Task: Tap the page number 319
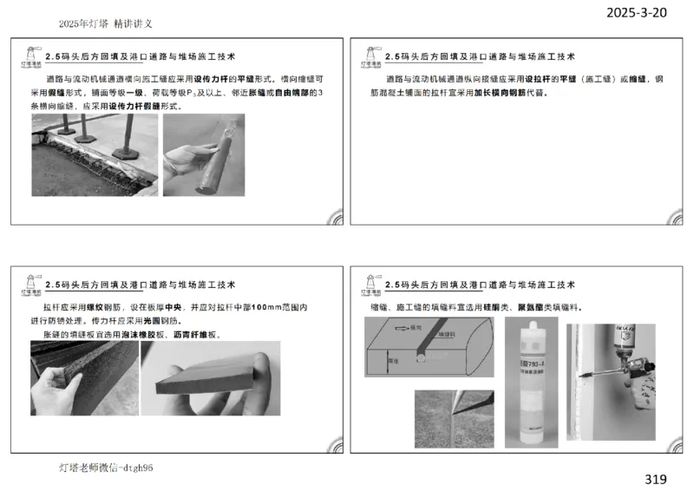(x=657, y=478)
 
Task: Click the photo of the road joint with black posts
(x=94, y=154)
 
